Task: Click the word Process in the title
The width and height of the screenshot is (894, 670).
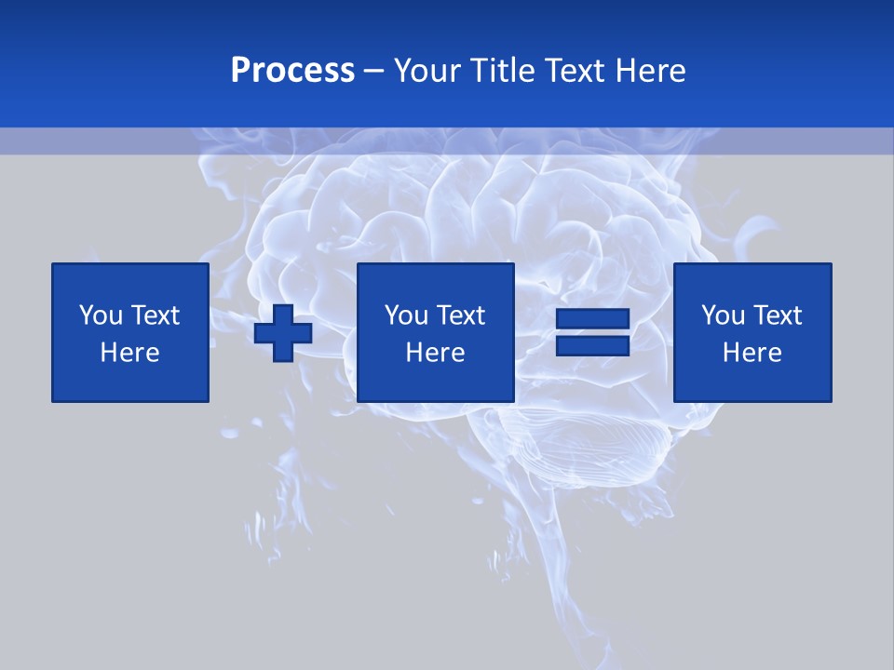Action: click(x=292, y=71)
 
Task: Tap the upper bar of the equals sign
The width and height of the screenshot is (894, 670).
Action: click(x=593, y=319)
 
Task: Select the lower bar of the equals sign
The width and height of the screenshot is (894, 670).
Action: click(x=593, y=346)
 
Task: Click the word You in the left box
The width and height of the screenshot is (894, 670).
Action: click(x=101, y=315)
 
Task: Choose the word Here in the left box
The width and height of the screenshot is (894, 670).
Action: click(x=129, y=353)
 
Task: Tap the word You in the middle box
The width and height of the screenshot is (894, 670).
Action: click(x=406, y=315)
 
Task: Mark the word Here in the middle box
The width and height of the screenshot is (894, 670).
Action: click(x=435, y=353)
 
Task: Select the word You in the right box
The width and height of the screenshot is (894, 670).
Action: click(x=723, y=315)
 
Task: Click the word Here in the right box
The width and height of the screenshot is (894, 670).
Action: click(x=752, y=353)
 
